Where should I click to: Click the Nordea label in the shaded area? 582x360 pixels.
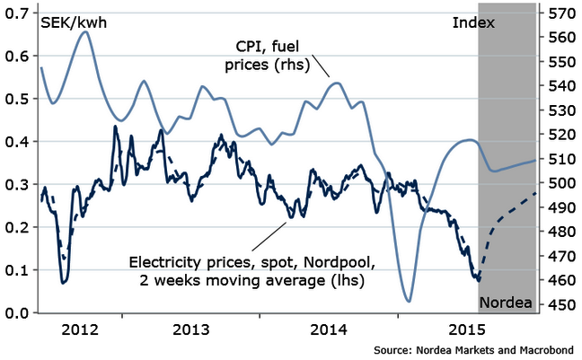click(506, 301)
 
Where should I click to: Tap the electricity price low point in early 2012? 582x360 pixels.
click(64, 283)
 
